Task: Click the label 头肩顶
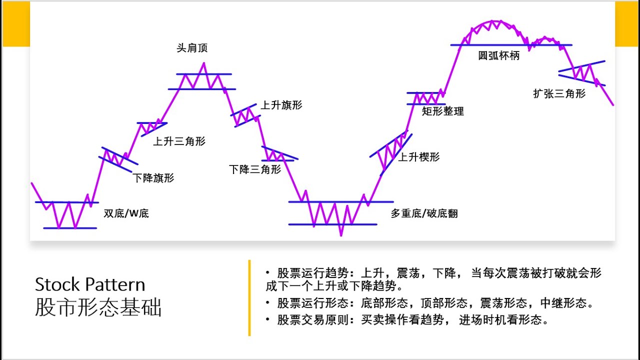pyautogui.click(x=192, y=48)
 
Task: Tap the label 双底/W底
pyautogui.click(x=126, y=214)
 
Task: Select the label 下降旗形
pyautogui.click(x=153, y=178)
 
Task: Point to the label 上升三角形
pyautogui.click(x=179, y=141)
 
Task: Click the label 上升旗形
pyautogui.click(x=281, y=105)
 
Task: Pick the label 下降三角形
pyautogui.click(x=255, y=169)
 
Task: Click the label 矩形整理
pyautogui.click(x=443, y=111)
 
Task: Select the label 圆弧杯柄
pyautogui.click(x=499, y=56)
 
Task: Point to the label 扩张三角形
pyautogui.click(x=559, y=93)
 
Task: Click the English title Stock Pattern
pyautogui.click(x=90, y=285)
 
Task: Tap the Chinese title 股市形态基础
pyautogui.click(x=98, y=308)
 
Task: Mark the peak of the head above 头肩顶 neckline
pyautogui.click(x=203, y=63)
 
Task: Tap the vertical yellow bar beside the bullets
pyautogui.click(x=249, y=298)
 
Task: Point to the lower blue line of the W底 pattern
pyautogui.click(x=70, y=228)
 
